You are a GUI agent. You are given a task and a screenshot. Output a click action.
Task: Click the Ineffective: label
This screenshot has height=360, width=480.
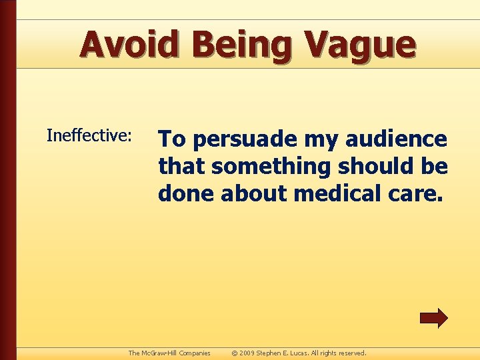pyautogui.click(x=89, y=136)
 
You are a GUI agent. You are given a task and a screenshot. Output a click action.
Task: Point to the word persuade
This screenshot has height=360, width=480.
pyautogui.click(x=245, y=140)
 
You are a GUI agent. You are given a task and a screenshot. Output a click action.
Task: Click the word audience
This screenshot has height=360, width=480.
pyautogui.click(x=398, y=139)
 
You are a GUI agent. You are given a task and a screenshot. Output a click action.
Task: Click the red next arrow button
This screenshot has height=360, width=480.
pyautogui.click(x=433, y=318)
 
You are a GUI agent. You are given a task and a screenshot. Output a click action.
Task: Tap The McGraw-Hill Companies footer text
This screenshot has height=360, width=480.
pyautogui.click(x=169, y=353)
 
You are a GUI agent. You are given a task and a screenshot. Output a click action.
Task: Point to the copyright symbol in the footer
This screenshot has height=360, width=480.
pyautogui.click(x=235, y=353)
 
